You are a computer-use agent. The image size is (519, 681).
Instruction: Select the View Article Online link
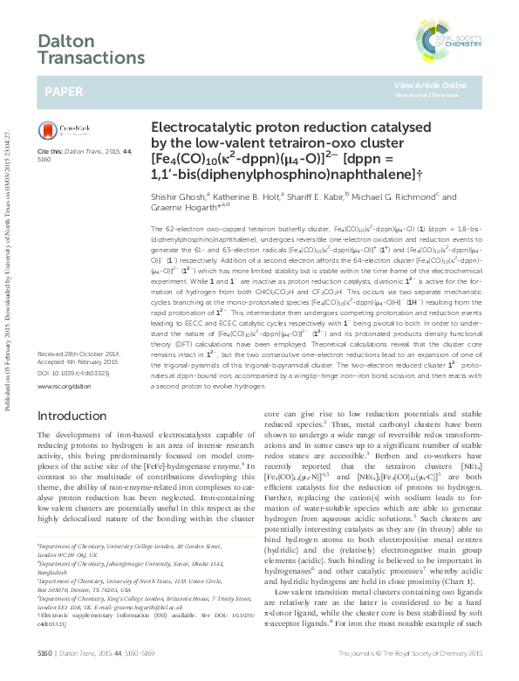[x=430, y=85]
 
